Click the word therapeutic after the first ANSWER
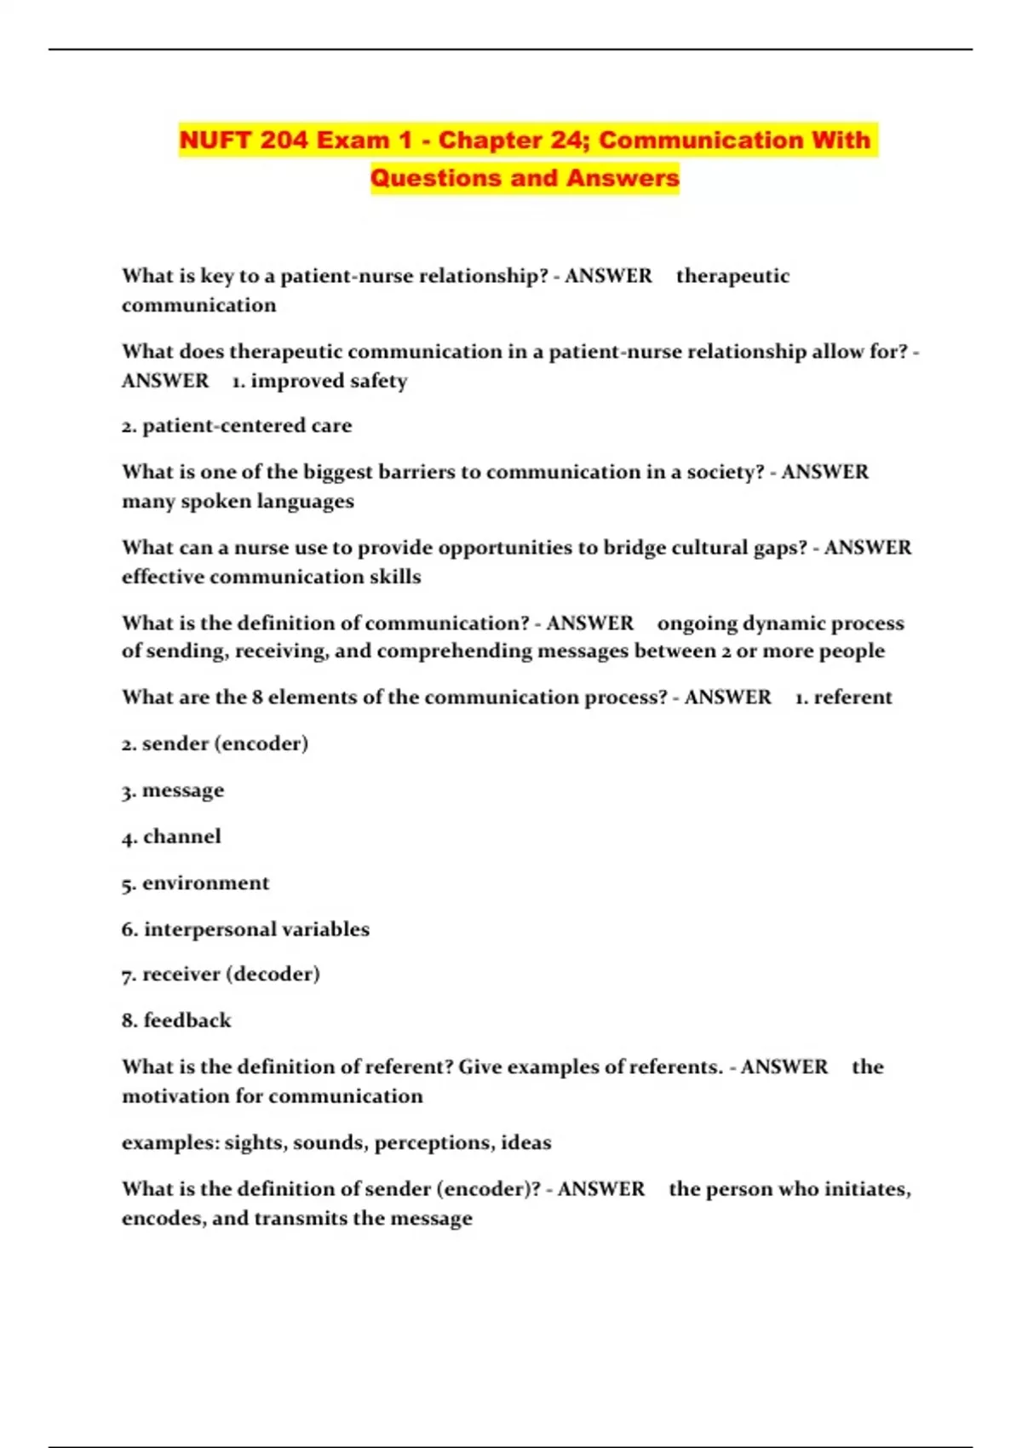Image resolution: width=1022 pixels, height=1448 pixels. click(x=732, y=276)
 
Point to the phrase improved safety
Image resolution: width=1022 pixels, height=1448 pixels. click(x=329, y=381)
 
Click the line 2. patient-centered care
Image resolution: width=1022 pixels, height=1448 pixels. click(x=237, y=426)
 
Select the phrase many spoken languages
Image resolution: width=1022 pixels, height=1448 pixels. click(x=238, y=501)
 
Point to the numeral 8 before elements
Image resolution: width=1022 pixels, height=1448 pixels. click(x=257, y=698)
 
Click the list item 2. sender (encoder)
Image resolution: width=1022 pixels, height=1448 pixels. click(x=215, y=744)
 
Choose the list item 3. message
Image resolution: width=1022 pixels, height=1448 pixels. click(x=173, y=790)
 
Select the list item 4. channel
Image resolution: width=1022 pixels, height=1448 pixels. click(x=171, y=836)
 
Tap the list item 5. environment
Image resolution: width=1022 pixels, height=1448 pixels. click(x=195, y=883)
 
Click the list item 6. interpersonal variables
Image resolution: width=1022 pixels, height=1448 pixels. click(x=245, y=929)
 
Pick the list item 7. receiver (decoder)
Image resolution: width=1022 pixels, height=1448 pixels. click(x=221, y=974)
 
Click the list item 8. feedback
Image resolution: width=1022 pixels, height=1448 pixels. click(x=176, y=1020)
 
